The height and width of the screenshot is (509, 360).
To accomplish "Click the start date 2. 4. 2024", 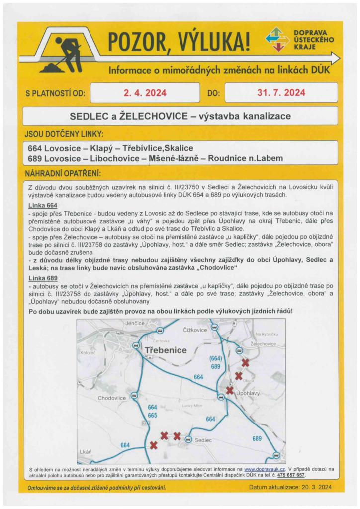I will click(x=145, y=93).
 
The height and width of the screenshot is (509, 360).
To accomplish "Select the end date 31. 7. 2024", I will click(x=281, y=93).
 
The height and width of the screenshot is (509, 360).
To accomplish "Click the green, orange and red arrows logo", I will click(x=277, y=40).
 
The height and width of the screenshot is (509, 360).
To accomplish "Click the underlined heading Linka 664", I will click(x=43, y=205).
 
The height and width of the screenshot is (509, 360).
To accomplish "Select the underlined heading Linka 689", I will click(x=43, y=277).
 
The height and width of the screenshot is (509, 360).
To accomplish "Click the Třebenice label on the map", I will click(x=166, y=350).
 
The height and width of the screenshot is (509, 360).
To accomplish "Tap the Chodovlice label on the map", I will click(x=112, y=398).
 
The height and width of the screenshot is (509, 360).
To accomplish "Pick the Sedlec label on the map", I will click(x=203, y=440).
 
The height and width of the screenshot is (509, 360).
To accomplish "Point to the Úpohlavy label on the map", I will click(x=248, y=393).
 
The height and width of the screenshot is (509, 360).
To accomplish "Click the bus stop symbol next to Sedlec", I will click(x=188, y=439).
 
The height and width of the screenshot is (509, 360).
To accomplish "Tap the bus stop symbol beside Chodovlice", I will click(x=133, y=396).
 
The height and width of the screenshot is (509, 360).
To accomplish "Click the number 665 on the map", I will click(x=152, y=415).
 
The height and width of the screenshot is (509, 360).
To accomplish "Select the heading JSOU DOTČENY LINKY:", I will click(x=64, y=134).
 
